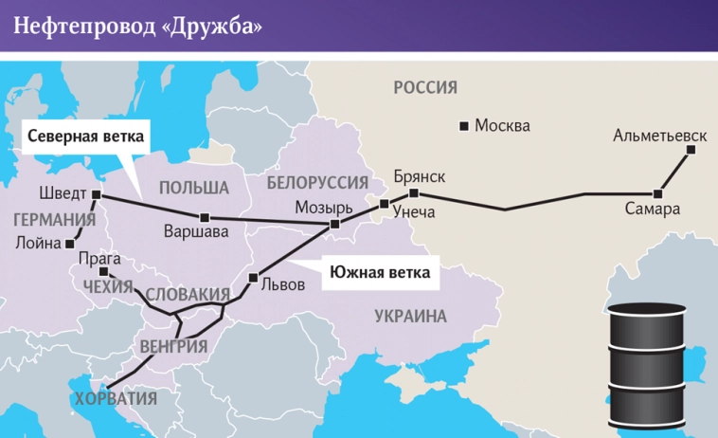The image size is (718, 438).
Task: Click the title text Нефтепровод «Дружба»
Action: tap(138, 26)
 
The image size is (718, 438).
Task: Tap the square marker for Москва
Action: tap(464, 125)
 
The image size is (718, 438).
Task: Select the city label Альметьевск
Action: tap(660, 136)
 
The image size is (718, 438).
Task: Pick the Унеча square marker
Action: tap(384, 204)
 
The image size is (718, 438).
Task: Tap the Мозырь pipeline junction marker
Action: tap(333, 225)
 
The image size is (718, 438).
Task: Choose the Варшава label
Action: tap(196, 230)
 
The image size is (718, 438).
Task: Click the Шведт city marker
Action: tap(96, 194)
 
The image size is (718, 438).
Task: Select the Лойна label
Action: tap(38, 242)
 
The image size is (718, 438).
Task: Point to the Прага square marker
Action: tap(101, 271)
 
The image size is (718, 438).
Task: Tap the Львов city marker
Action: tap(252, 277)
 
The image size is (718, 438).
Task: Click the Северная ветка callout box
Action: tap(85, 137)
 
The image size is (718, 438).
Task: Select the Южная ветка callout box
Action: tap(380, 273)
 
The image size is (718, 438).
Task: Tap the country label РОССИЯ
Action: tap(425, 88)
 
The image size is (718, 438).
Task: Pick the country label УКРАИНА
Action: tap(409, 317)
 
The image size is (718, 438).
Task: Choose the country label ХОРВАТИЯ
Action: tap(115, 397)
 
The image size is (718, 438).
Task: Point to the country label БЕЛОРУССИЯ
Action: tap(317, 182)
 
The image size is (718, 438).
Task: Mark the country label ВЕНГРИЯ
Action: tap(173, 346)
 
